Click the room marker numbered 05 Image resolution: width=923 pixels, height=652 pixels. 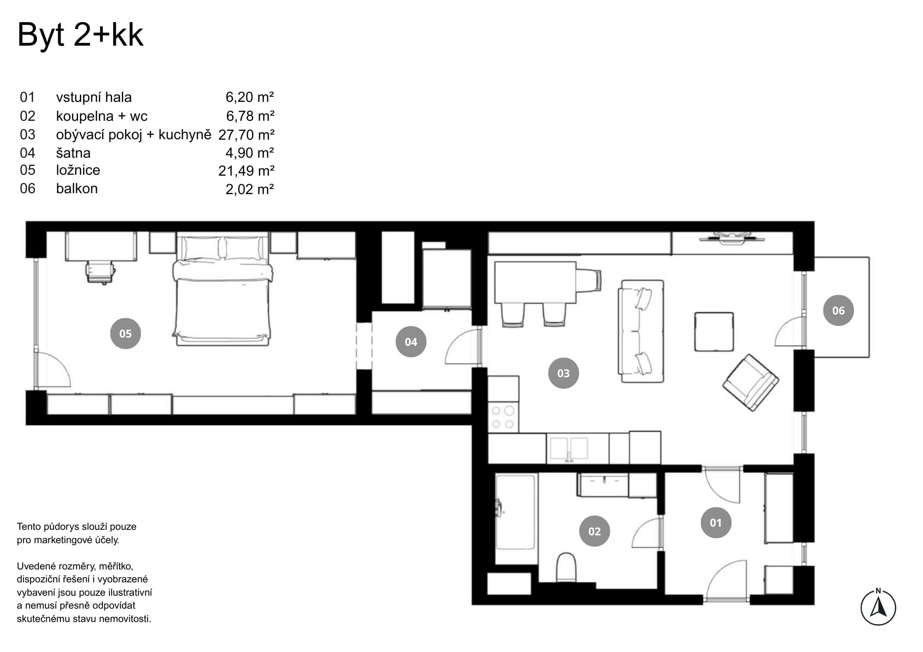pyautogui.click(x=126, y=333)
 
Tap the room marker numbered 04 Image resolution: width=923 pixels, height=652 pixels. pyautogui.click(x=411, y=342)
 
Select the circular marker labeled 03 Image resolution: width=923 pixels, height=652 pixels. pyautogui.click(x=563, y=373)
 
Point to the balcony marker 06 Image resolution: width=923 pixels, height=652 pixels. pyautogui.click(x=839, y=310)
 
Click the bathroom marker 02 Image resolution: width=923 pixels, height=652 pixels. pyautogui.click(x=594, y=531)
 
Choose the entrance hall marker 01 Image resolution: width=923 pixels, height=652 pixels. pyautogui.click(x=716, y=522)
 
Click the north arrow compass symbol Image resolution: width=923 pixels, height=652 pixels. pyautogui.click(x=878, y=607)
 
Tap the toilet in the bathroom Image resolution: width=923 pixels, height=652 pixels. pyautogui.click(x=566, y=568)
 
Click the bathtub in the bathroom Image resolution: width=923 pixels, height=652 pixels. pyautogui.click(x=515, y=512)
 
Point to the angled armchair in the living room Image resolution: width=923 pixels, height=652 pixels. pyautogui.click(x=751, y=382)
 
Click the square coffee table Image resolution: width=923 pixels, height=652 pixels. pyautogui.click(x=714, y=332)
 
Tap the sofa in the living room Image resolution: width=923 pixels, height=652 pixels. pyautogui.click(x=641, y=331)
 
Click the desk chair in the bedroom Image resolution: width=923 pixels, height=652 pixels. pyautogui.click(x=99, y=272)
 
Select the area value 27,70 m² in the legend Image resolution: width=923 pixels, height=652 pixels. pyautogui.click(x=246, y=135)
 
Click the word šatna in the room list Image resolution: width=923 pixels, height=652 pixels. pyautogui.click(x=73, y=153)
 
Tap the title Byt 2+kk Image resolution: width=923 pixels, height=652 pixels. pyautogui.click(x=80, y=35)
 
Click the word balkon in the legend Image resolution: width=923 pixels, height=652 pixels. pyautogui.click(x=77, y=189)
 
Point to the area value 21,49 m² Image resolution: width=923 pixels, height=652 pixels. pyautogui.click(x=246, y=171)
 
